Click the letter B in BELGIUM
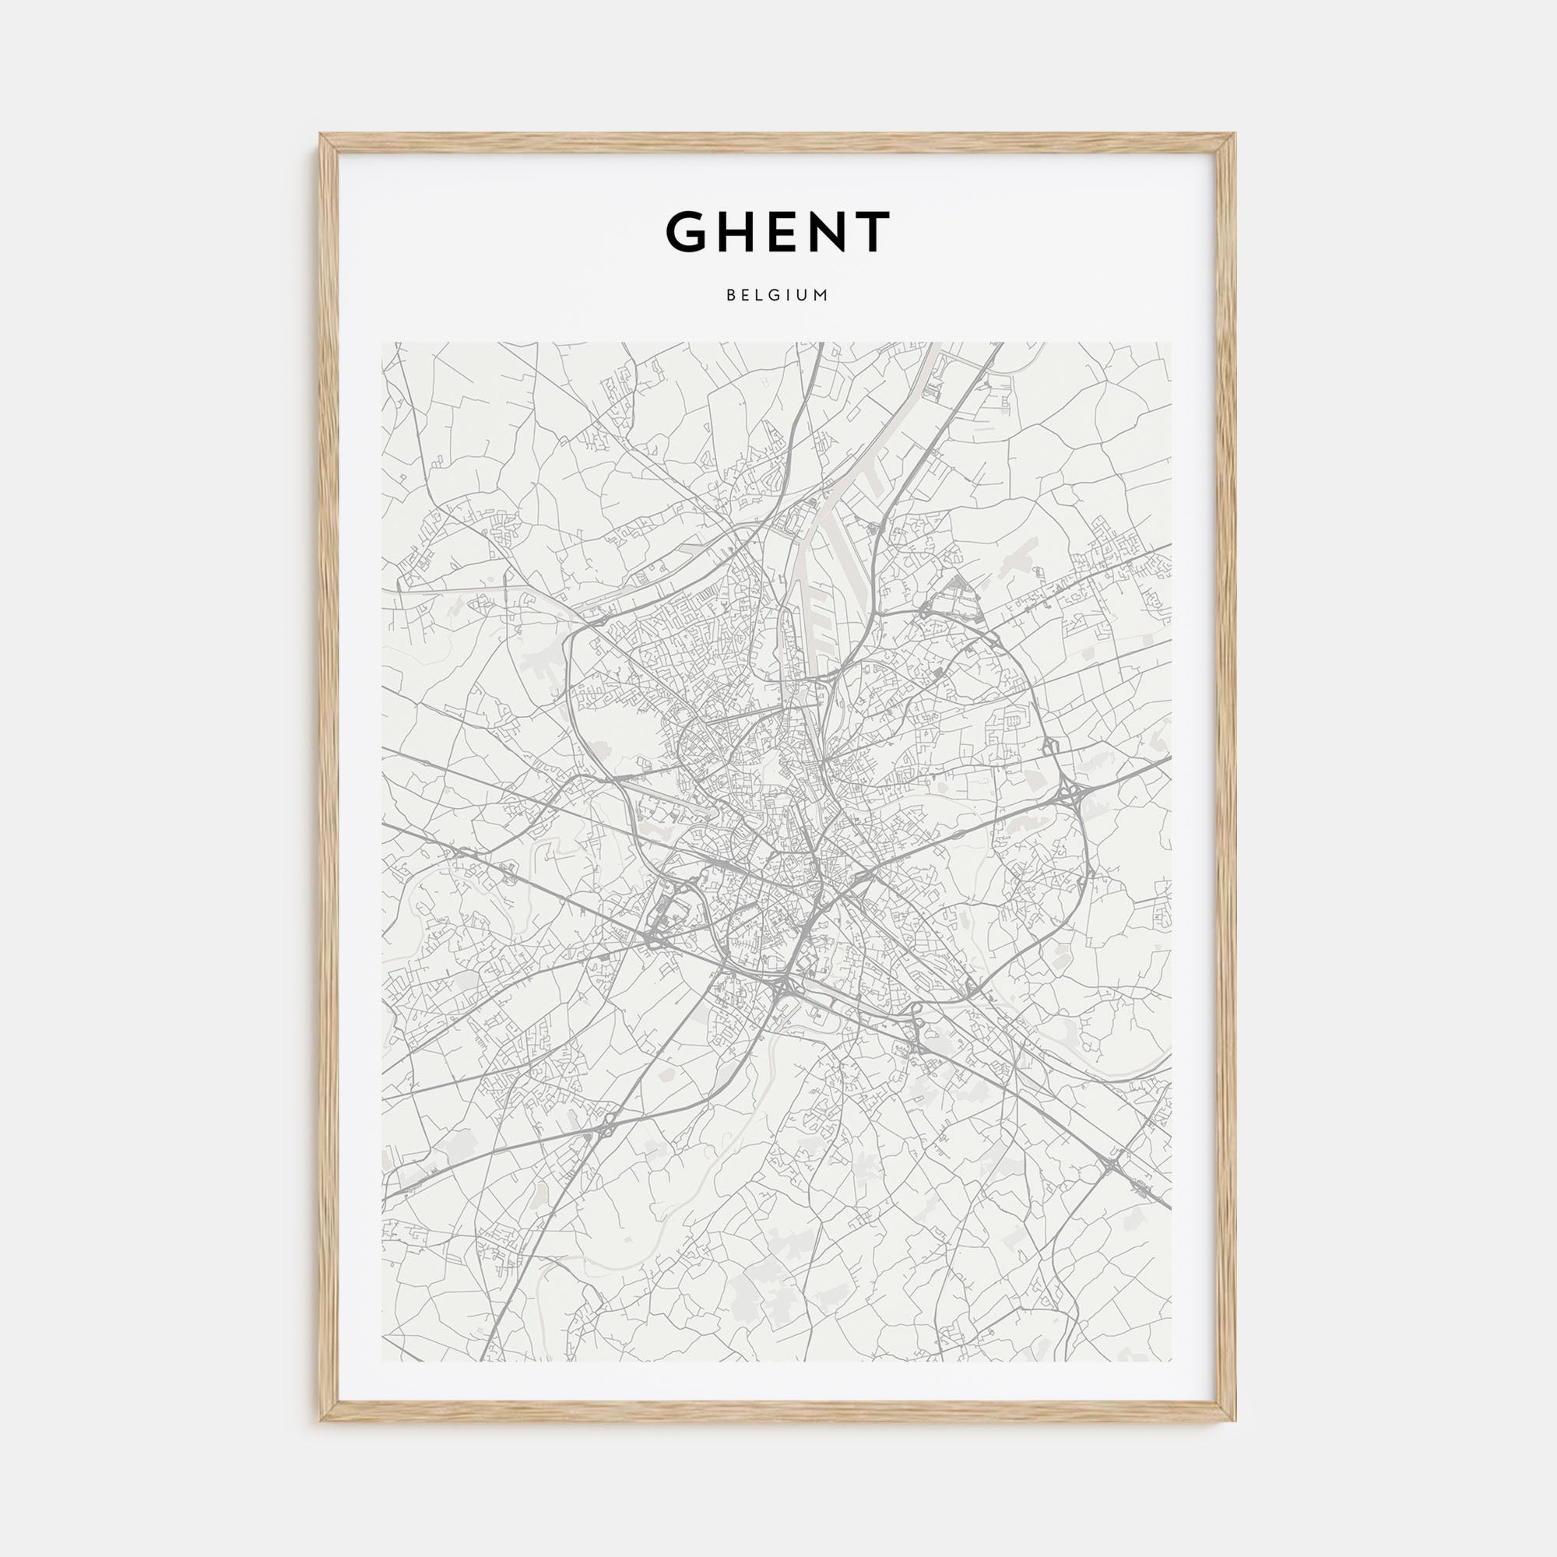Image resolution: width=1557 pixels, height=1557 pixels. (x=729, y=295)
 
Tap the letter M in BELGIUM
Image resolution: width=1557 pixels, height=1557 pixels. (x=821, y=295)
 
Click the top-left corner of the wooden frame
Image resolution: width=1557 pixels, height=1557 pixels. (x=321, y=134)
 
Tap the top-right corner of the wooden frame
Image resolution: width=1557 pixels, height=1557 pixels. (x=1235, y=134)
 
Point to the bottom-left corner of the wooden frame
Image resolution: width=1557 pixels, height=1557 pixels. (x=321, y=1420)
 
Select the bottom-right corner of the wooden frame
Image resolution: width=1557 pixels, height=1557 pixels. (x=1235, y=1420)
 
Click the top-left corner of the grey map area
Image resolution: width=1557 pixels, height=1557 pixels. (x=382, y=343)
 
